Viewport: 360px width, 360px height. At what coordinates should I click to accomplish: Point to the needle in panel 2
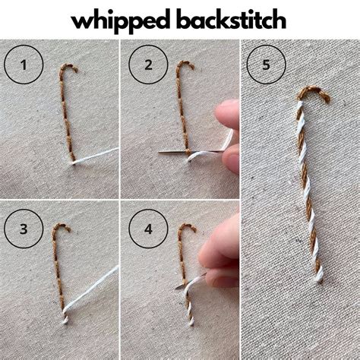[173, 154]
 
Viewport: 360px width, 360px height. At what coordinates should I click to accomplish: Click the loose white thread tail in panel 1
[99, 155]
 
